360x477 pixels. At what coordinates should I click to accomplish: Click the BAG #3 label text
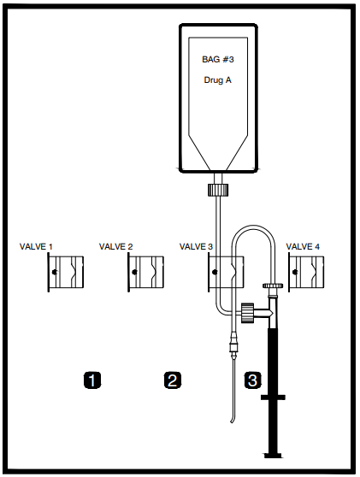click(218, 59)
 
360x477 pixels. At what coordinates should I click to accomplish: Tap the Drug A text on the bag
click(217, 80)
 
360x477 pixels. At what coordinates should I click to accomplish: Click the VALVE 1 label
click(36, 246)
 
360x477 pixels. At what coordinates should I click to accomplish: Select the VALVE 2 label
click(116, 246)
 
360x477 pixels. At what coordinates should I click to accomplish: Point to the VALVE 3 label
click(197, 246)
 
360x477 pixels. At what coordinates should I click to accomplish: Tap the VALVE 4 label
click(303, 246)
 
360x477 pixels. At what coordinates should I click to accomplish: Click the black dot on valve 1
click(55, 272)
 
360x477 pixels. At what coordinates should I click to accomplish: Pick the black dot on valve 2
click(134, 272)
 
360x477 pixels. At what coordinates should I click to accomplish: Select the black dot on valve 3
click(215, 272)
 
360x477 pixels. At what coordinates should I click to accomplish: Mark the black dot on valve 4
click(294, 272)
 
